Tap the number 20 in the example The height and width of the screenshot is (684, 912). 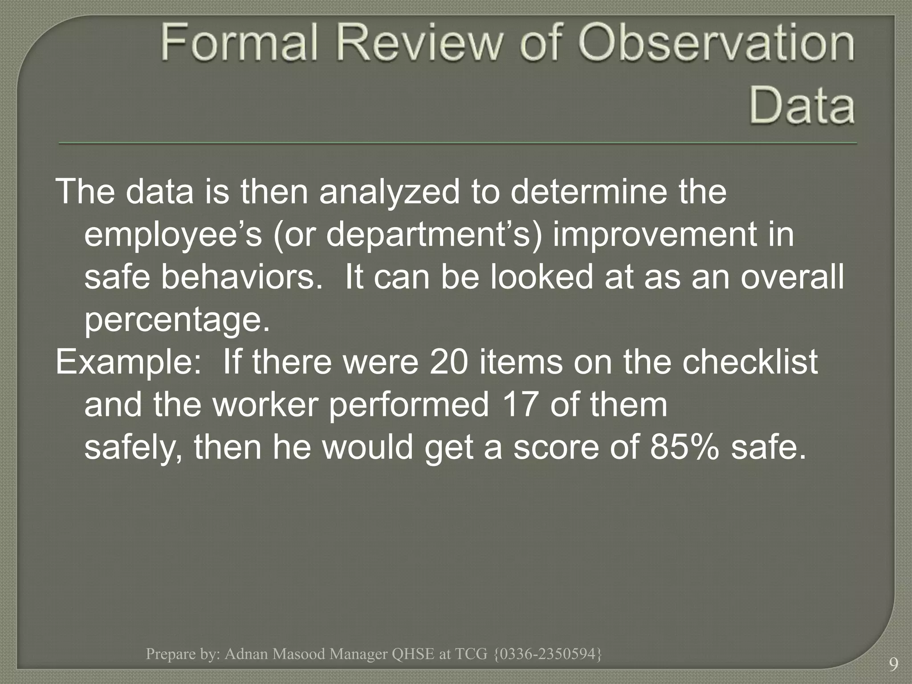click(449, 362)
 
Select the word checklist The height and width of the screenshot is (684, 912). click(750, 362)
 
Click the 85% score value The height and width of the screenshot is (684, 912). click(684, 447)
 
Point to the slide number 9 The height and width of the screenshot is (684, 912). click(893, 665)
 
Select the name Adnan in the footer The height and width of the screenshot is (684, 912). click(246, 654)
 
